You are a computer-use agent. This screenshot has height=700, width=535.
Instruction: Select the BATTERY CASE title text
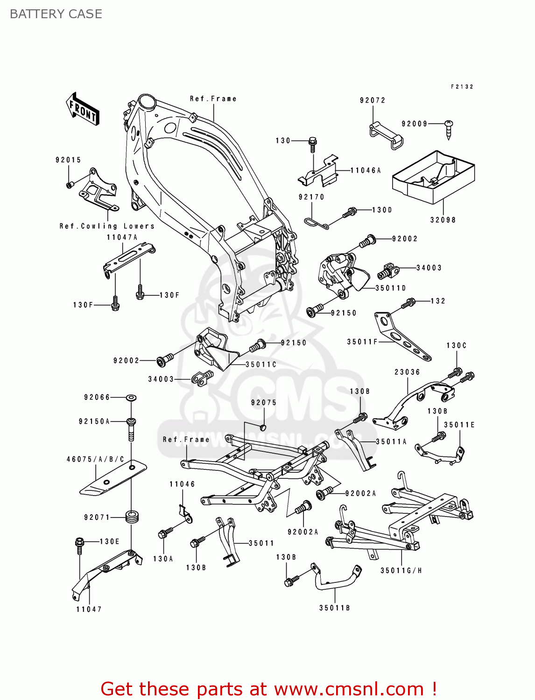[56, 14]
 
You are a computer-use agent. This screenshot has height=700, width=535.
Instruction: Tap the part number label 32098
[443, 220]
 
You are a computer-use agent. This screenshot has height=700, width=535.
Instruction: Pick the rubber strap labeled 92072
[386, 135]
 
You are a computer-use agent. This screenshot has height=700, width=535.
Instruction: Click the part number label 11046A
[366, 171]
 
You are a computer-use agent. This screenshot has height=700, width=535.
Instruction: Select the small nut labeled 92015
[69, 185]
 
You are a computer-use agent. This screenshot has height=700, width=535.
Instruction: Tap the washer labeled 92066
[131, 398]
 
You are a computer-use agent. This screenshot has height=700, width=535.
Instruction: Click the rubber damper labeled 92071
[133, 517]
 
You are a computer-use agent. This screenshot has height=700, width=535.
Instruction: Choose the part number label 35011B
[334, 608]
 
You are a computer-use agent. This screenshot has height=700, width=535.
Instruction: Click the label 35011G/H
[401, 570]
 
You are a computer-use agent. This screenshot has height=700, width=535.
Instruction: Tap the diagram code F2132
[462, 87]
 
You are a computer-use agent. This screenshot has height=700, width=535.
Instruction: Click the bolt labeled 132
[408, 303]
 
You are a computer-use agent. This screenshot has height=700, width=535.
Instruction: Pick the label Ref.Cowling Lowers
[107, 226]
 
